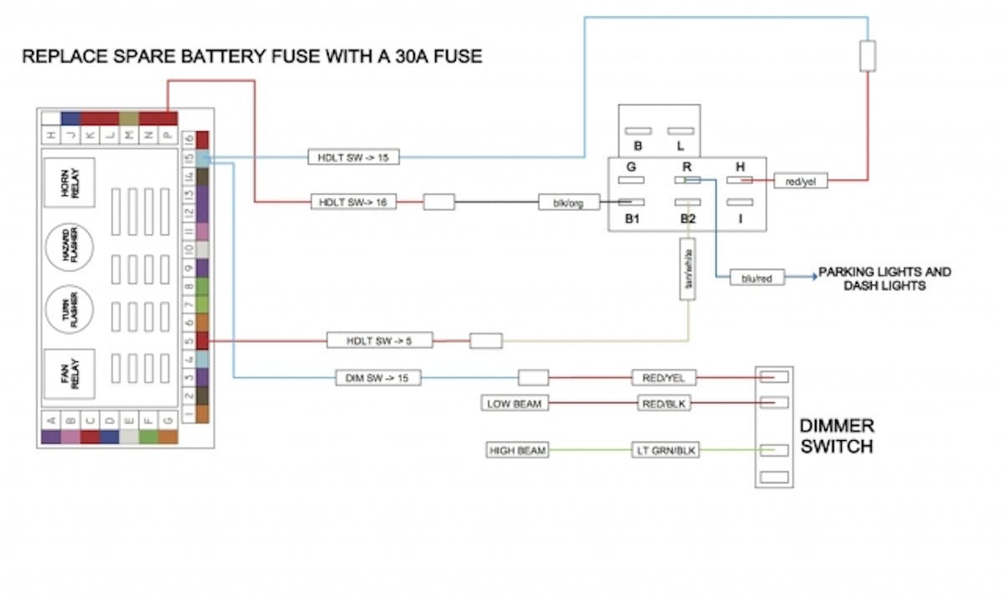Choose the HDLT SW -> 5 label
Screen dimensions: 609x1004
(x=367, y=340)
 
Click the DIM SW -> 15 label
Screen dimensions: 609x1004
(x=377, y=378)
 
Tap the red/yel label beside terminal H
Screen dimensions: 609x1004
(x=801, y=180)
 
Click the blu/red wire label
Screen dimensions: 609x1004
(x=757, y=278)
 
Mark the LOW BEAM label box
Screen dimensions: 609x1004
(x=515, y=404)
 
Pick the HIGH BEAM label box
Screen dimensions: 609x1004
(x=518, y=451)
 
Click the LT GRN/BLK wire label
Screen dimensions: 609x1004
(x=664, y=451)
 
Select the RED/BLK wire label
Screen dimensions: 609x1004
(x=664, y=404)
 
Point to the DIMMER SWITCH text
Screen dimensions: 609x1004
(x=837, y=436)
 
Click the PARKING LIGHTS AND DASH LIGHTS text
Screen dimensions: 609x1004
(x=885, y=279)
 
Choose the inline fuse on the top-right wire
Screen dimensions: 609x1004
(x=868, y=56)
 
